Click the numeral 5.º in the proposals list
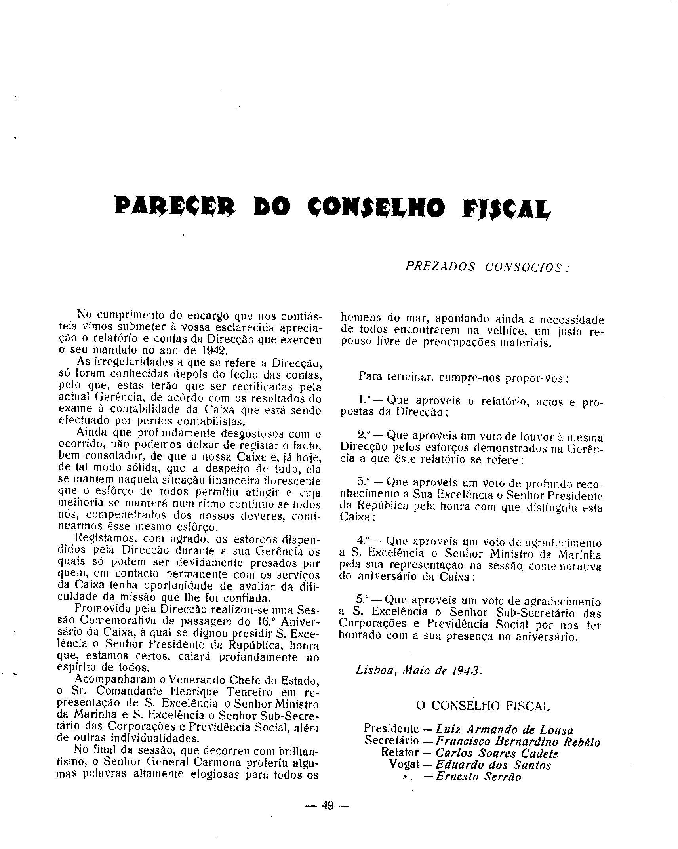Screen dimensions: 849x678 pos(363,600)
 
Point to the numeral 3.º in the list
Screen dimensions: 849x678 pos(363,482)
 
